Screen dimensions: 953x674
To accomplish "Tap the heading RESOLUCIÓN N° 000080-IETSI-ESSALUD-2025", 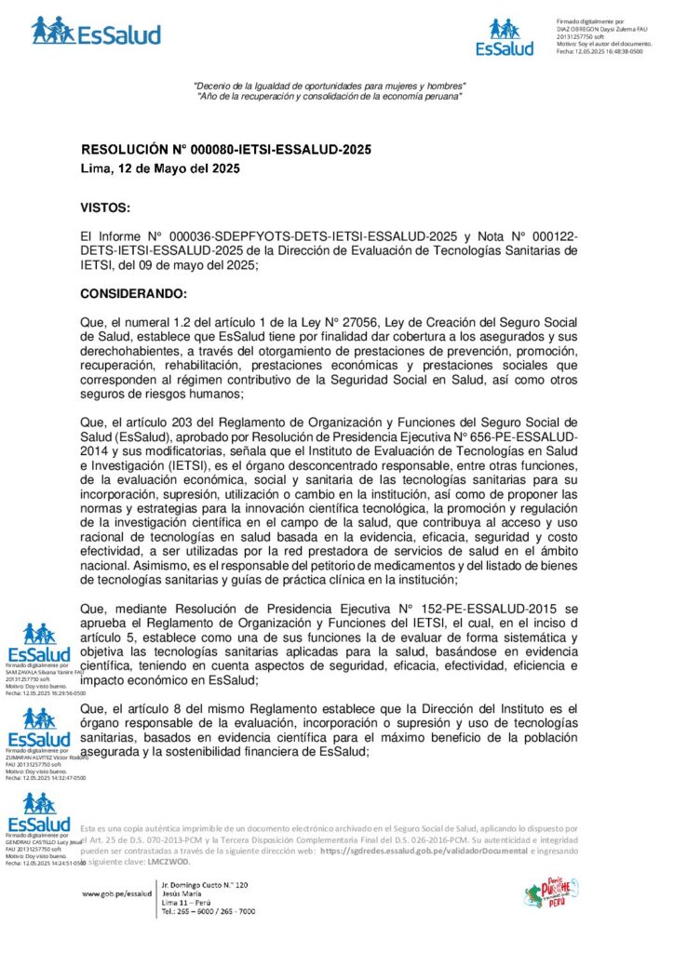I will (227, 149).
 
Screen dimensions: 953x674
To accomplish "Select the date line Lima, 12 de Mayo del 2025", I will (160, 169).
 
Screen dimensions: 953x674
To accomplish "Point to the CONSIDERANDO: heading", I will (134, 294).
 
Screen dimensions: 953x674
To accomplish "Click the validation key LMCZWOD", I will (168, 862).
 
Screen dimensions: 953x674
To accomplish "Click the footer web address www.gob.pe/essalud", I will (116, 893).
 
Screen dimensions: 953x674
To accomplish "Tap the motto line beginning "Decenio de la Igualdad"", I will (329, 87).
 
